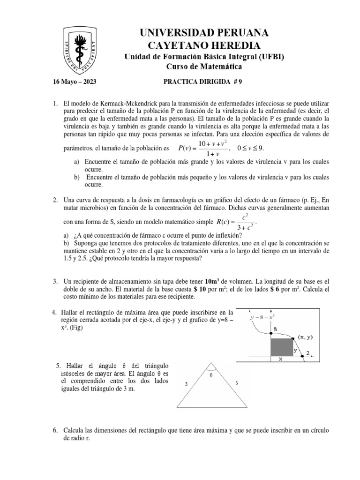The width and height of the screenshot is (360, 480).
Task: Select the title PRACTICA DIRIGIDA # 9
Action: click(202, 81)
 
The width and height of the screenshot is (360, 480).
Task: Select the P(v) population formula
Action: click(204, 148)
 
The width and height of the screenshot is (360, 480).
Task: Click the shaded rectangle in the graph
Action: click(282, 347)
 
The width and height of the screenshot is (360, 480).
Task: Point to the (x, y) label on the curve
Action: click(307, 337)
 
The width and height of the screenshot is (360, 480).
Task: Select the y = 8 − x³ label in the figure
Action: click(268, 316)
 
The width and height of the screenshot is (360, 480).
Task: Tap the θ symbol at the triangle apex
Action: click(211, 374)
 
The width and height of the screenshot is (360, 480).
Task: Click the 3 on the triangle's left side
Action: click(186, 383)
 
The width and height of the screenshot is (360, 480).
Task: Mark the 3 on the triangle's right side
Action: click(236, 383)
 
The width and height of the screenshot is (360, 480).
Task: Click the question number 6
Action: click(55, 430)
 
